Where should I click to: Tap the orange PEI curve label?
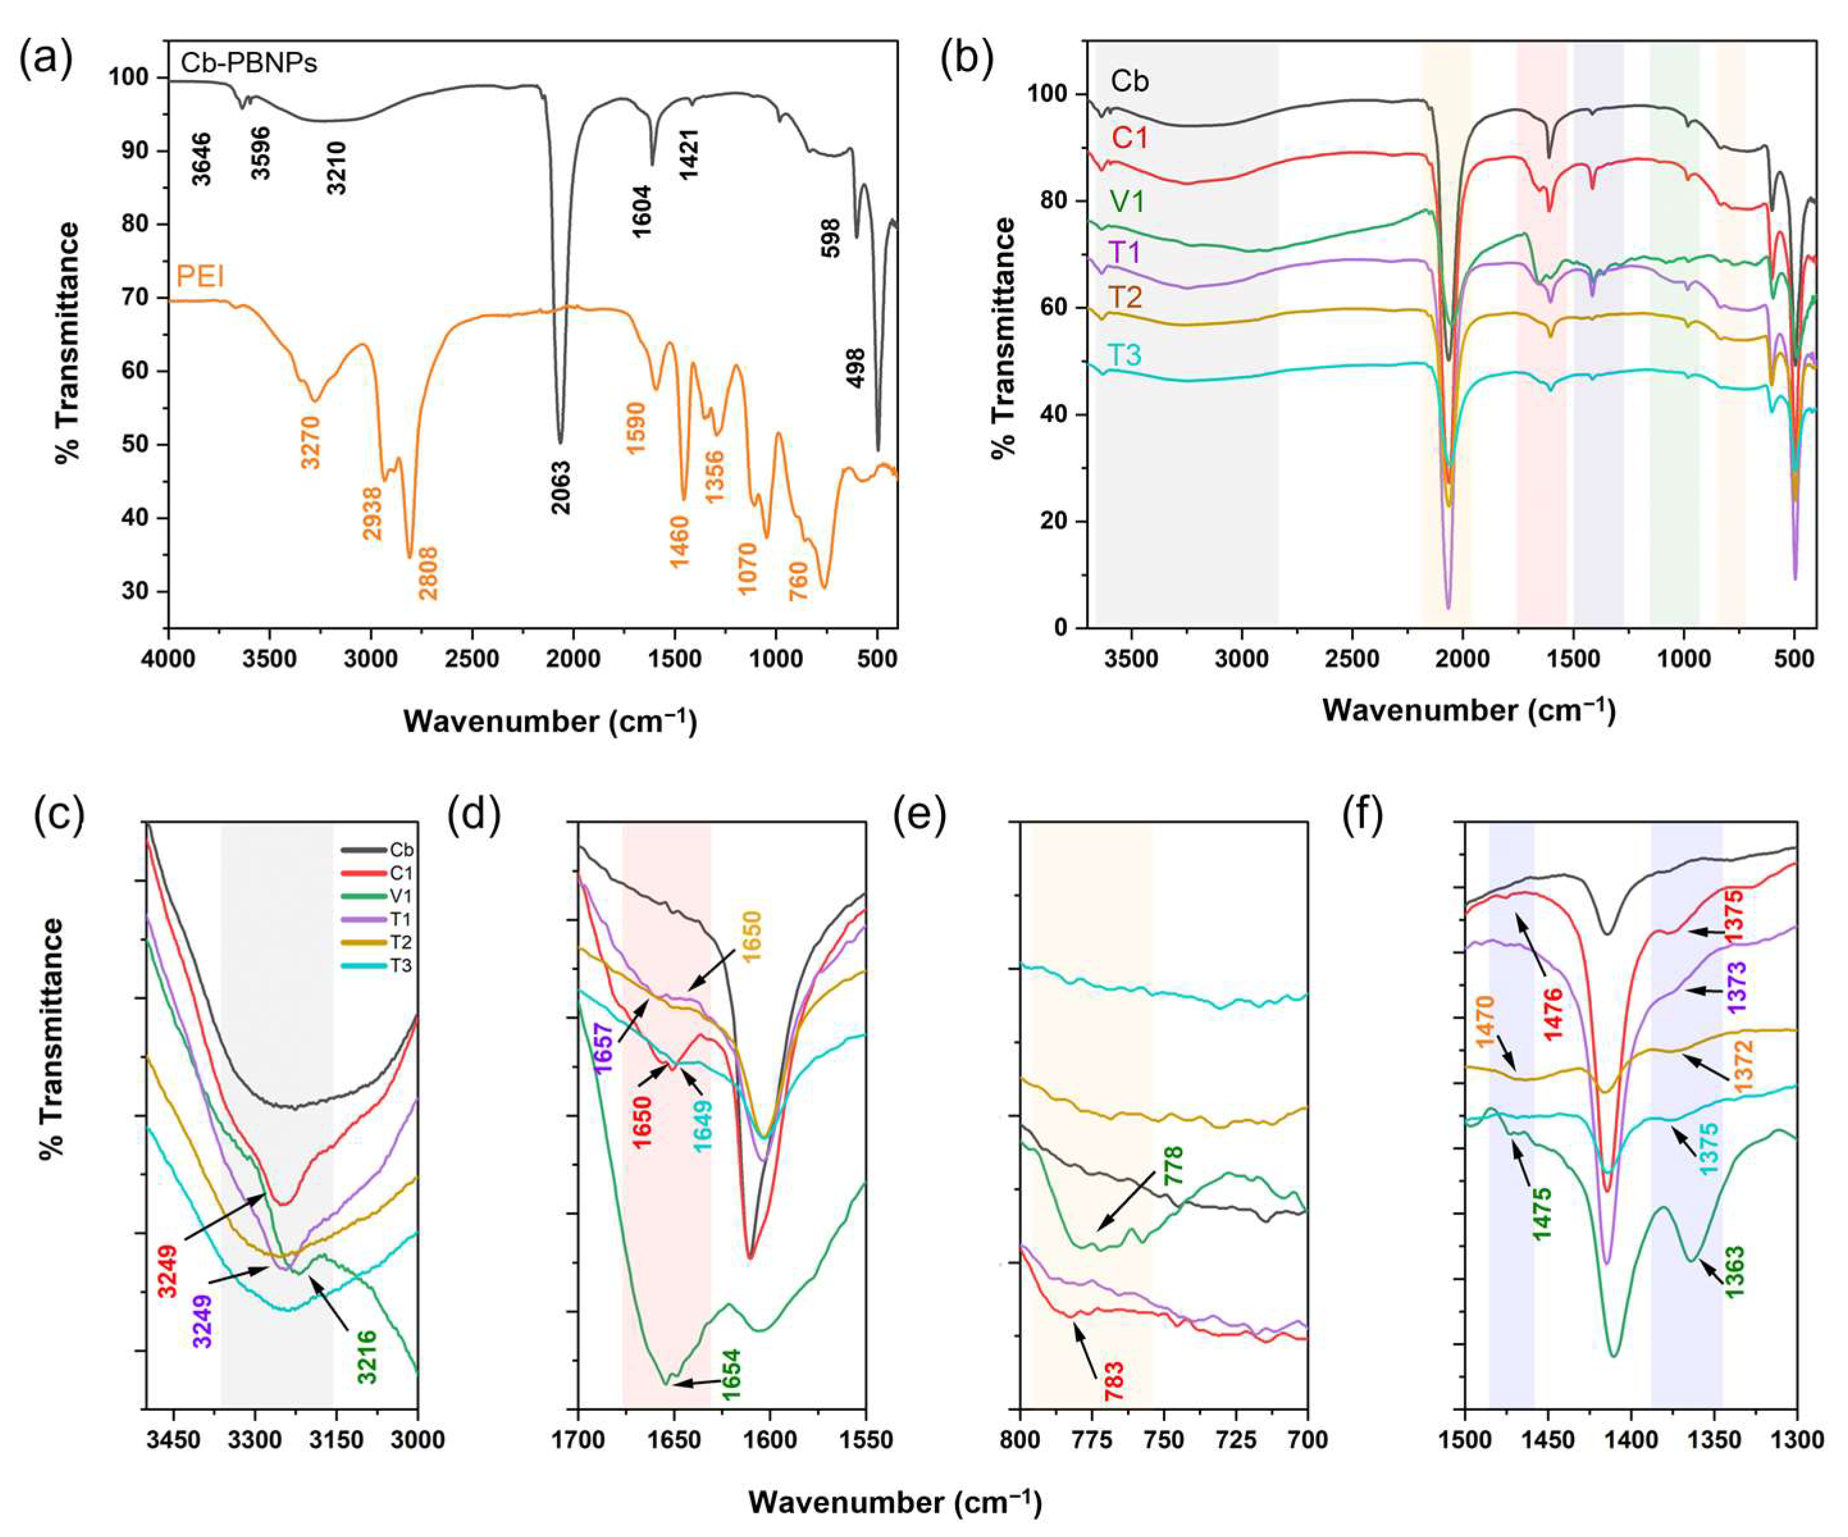pos(200,278)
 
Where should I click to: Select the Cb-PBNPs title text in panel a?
pos(249,63)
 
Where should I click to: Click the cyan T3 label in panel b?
pos(1124,355)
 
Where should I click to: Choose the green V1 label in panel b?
pos(1126,202)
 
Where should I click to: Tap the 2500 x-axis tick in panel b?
pos(1352,659)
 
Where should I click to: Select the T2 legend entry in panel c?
pos(401,942)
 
